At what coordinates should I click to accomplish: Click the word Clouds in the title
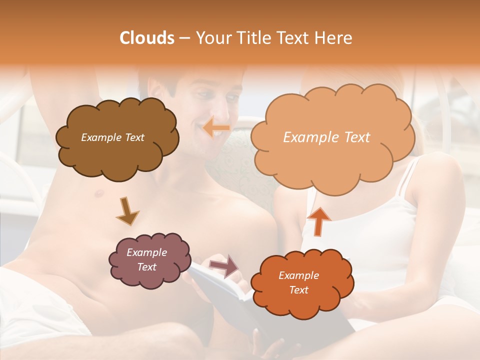click(x=146, y=38)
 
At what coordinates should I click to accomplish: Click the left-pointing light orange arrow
click(x=216, y=127)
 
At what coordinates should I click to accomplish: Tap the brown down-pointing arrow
click(x=127, y=210)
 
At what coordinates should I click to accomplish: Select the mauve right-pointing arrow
click(x=223, y=265)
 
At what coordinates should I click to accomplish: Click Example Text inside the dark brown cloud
click(x=112, y=137)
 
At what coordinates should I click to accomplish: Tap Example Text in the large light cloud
click(x=326, y=137)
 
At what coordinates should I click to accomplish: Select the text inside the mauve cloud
click(x=146, y=259)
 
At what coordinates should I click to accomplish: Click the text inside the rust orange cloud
click(x=298, y=282)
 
